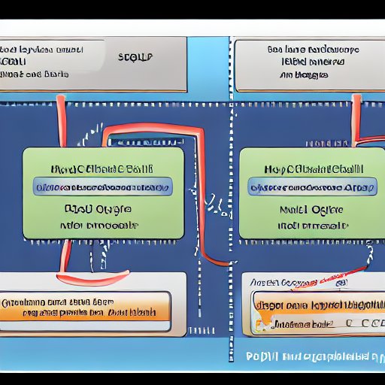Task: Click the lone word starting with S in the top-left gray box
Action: (135, 56)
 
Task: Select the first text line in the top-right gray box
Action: (314, 50)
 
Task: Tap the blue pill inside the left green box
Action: (102, 187)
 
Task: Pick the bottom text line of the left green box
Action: (102, 224)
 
